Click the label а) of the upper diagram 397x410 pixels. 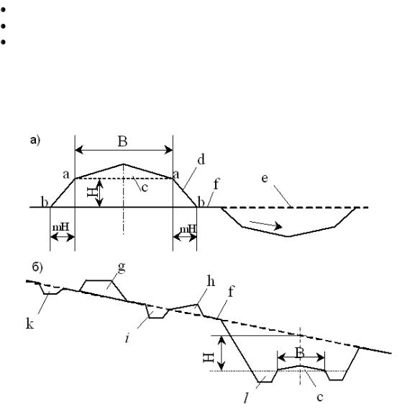click(35, 141)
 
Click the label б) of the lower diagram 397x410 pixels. click(37, 267)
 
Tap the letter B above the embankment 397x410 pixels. click(123, 141)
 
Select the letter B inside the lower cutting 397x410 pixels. click(300, 352)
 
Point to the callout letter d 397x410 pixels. click(201, 159)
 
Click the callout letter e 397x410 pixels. click(265, 178)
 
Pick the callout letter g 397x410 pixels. click(122, 267)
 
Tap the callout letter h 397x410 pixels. click(211, 282)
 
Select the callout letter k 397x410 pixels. click(29, 324)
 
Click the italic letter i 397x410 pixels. click(127, 338)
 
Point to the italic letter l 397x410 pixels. click(246, 398)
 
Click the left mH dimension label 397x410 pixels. click(61, 227)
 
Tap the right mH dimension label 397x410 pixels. click(188, 229)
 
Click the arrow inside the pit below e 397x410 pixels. click(265, 225)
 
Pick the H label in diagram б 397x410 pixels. click(209, 357)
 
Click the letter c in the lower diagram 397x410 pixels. click(320, 397)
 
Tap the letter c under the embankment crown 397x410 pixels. click(145, 187)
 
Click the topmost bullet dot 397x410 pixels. click(3, 10)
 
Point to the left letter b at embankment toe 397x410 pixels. click(45, 202)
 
